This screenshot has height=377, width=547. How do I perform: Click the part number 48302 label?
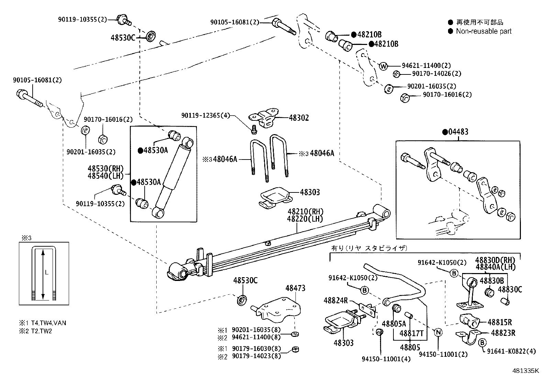click(x=299, y=118)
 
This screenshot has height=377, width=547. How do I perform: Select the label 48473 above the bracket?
click(x=295, y=288)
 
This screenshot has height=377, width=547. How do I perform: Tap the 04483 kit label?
click(x=457, y=132)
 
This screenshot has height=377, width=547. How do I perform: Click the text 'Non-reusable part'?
click(x=483, y=31)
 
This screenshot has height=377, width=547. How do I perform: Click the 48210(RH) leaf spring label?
click(x=305, y=211)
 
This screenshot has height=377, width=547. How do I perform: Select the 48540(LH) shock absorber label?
click(x=105, y=176)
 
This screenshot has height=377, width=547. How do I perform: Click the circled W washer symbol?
click(x=384, y=66)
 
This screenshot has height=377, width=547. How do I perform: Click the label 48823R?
click(x=503, y=332)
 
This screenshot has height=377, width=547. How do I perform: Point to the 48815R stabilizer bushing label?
click(x=500, y=322)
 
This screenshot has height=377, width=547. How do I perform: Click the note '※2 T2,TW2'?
click(x=35, y=331)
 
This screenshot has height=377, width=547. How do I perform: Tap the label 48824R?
click(x=336, y=301)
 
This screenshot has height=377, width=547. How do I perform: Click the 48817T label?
click(x=411, y=333)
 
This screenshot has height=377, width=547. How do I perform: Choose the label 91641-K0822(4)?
click(x=512, y=351)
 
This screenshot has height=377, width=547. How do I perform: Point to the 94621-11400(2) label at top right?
click(x=426, y=66)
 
